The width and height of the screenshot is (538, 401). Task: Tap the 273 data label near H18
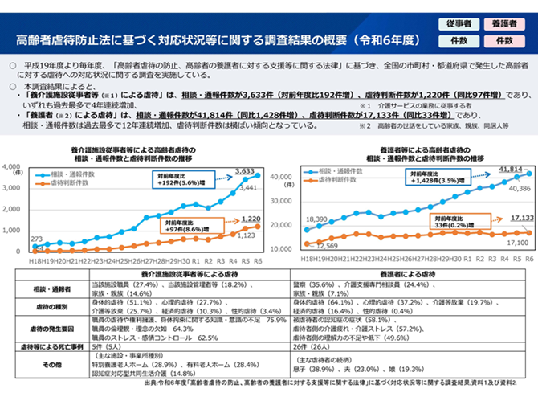point(37,239)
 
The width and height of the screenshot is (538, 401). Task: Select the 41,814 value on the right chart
point(509,170)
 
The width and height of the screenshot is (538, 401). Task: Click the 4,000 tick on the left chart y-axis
point(14,166)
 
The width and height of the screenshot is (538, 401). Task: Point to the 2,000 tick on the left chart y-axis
point(14,209)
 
